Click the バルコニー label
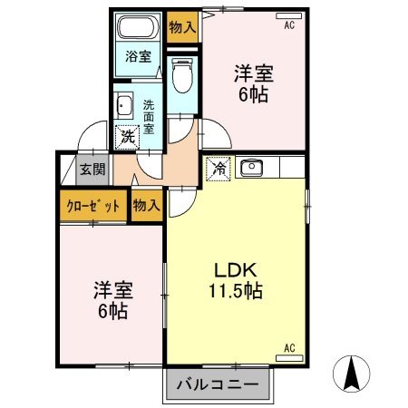point(218,384)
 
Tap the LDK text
point(238,271)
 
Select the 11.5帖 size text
point(238,292)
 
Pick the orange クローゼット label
point(92,206)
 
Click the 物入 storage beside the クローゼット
point(146,206)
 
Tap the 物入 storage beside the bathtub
point(182,26)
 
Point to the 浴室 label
point(139,54)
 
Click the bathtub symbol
point(138,27)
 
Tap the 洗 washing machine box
point(128,137)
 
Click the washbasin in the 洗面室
point(126,107)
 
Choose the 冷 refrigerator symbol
point(218,168)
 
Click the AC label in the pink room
point(289,25)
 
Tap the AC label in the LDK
point(290,347)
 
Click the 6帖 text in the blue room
point(113,311)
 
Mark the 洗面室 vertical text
point(149,117)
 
